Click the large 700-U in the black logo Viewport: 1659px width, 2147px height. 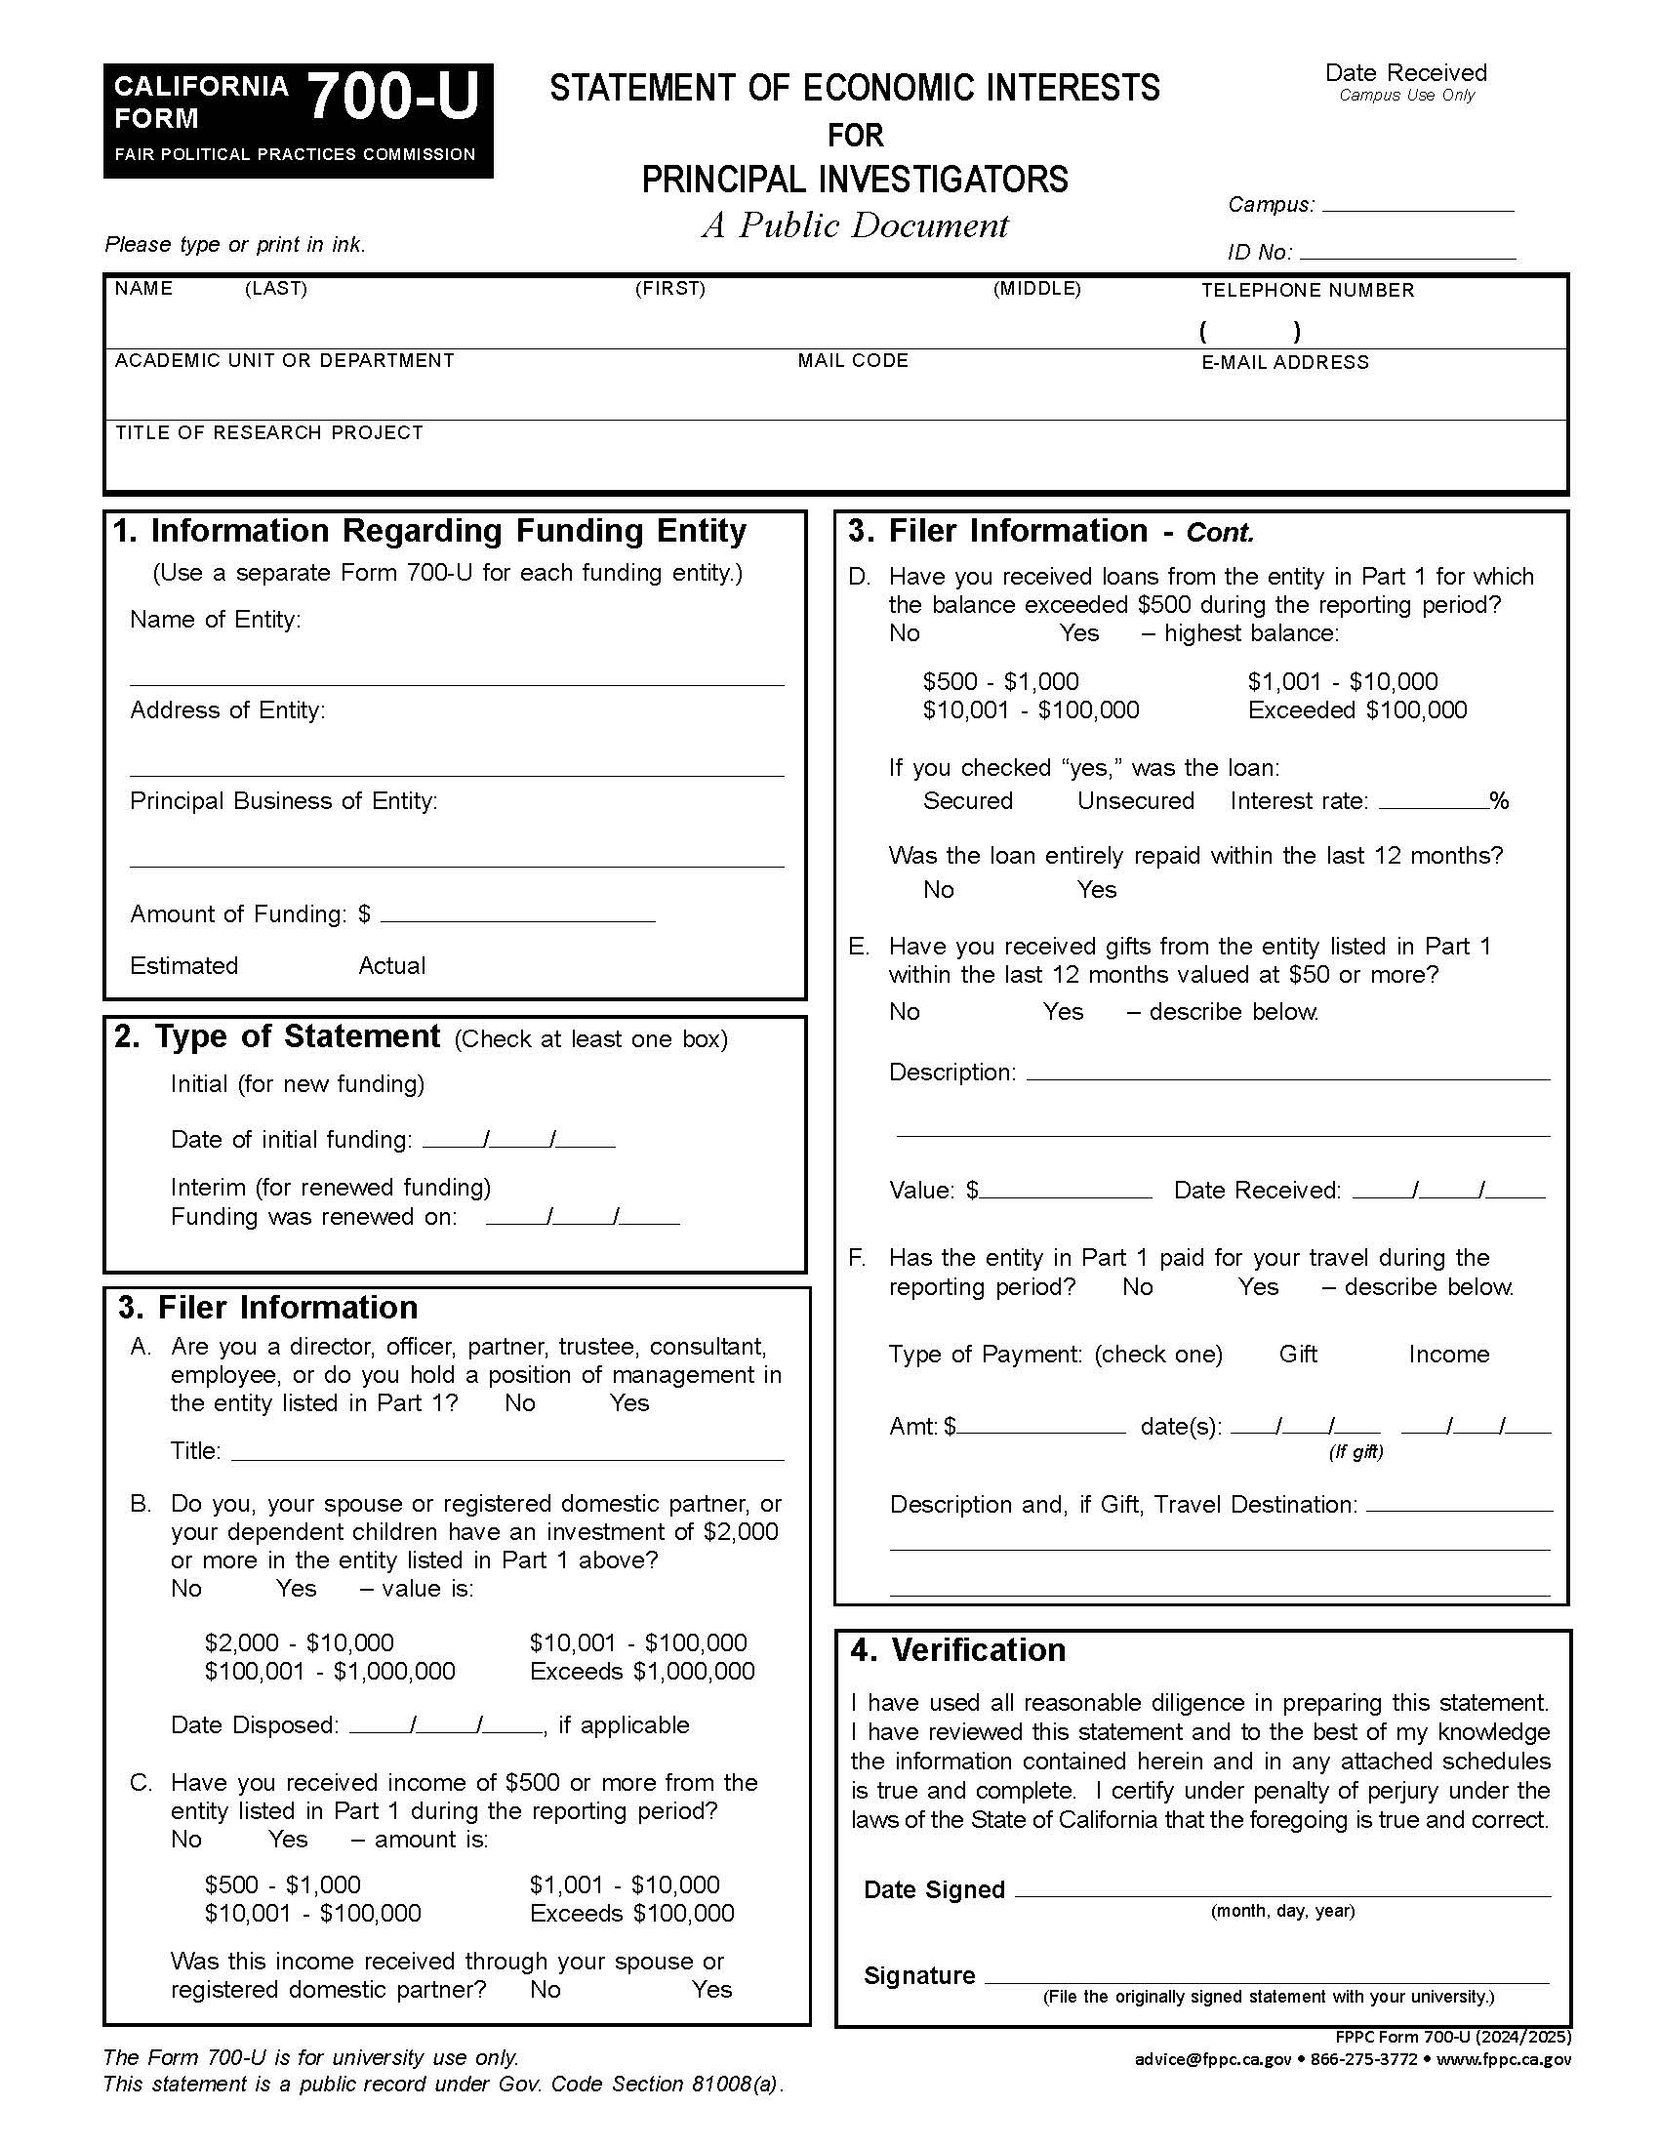[393, 99]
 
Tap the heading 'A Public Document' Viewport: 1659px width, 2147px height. [854, 225]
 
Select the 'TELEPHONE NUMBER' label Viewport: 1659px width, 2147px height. [1307, 290]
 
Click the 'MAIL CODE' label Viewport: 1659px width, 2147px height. [852, 361]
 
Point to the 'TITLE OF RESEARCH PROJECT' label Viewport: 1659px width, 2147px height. [268, 432]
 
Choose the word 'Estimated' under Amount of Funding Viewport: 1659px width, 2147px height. [183, 965]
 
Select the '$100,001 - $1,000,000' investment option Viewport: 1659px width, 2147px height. [329, 1671]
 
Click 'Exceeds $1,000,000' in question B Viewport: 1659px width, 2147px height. [642, 1671]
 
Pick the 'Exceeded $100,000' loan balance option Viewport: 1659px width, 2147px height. [1356, 709]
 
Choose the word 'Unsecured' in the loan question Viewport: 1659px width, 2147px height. [1135, 800]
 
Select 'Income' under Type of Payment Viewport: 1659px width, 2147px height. [1447, 1354]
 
